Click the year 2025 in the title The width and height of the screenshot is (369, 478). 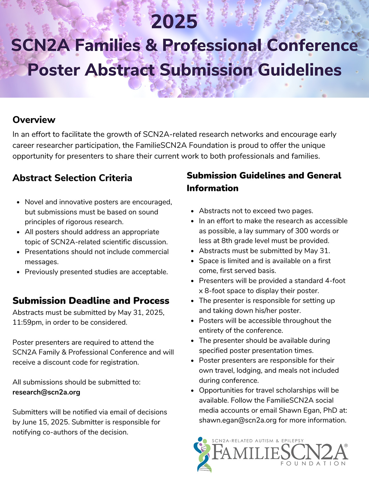(174, 22)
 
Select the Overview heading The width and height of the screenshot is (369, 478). (34, 120)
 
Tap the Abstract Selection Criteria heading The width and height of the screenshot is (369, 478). (72, 178)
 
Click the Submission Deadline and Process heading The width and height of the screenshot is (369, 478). (91, 301)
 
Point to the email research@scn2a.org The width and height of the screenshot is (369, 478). (46, 392)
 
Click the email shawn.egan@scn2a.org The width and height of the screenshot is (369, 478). (238, 420)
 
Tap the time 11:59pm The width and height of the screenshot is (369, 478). (27, 322)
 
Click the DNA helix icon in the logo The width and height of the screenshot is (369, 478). (203, 454)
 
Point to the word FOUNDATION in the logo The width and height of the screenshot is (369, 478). (313, 463)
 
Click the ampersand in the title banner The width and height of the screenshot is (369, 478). (151, 45)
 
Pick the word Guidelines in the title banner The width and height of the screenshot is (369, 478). (300, 70)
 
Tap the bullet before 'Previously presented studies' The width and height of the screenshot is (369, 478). (18, 272)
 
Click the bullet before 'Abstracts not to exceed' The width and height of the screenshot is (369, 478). (192, 211)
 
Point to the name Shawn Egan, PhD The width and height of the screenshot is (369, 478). (308, 410)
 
